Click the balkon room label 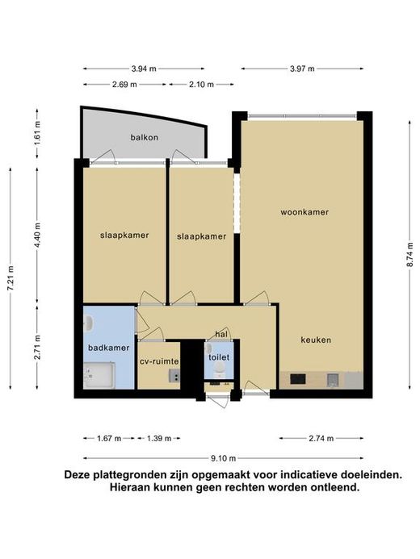click(144, 137)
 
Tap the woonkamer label click(304, 212)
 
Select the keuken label click(316, 340)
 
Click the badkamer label click(109, 348)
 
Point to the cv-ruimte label click(159, 361)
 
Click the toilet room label click(219, 357)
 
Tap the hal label click(221, 335)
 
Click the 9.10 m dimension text click(224, 458)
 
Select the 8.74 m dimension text click(410, 255)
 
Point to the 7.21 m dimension click(10, 278)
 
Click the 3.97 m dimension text click(302, 69)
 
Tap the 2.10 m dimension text click(202, 85)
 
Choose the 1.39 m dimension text click(159, 439)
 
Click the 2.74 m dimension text click(321, 439)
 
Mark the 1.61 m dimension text click(37, 133)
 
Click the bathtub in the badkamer click(99, 376)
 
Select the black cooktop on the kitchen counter click(297, 379)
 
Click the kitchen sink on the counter click(333, 381)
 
